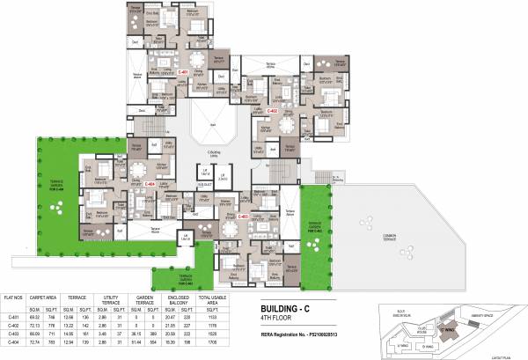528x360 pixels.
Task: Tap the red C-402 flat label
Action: click(273, 112)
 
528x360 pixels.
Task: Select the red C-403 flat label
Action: click(243, 213)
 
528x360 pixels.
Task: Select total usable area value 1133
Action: click(225, 317)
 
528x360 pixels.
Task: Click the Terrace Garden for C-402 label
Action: click(313, 225)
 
